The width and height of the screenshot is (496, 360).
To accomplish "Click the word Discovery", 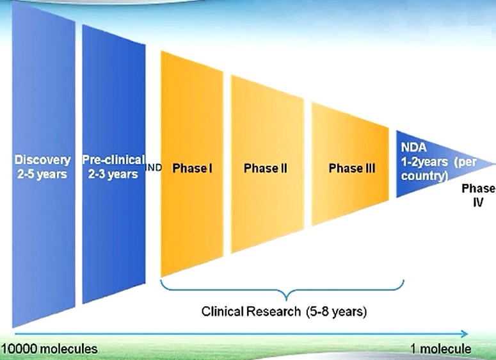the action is pos(42,160).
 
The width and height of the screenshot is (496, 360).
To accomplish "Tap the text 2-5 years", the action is pos(42,174).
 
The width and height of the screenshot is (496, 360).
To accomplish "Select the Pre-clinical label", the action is pos(113,160).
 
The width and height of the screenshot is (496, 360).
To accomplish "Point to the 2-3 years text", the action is pos(113,174).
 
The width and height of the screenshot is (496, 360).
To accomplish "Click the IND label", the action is pos(154,167).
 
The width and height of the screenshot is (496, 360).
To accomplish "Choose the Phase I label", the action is pos(192,168).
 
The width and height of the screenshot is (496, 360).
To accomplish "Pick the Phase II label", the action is pos(266,168).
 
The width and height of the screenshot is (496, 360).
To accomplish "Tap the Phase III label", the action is pos(352,168).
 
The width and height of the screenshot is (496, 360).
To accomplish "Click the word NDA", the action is pos(413,147).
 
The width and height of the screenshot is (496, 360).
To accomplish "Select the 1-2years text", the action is pos(424,162).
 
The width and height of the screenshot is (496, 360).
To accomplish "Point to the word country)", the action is pos(424,176).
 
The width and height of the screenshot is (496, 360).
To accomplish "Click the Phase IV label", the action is pos(479,195).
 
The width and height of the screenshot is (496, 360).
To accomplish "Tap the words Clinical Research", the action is pos(251,311).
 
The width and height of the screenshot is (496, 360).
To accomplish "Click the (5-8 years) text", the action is pos(337,312).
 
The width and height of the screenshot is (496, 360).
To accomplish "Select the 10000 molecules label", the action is pos(49,349).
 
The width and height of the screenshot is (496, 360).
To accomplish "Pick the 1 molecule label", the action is pos(441,349).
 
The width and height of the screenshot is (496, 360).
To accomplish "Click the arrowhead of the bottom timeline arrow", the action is pos(465,334).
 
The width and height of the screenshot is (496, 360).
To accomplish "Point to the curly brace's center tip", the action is pos(286,300).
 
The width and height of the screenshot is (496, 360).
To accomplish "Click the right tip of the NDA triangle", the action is pos(495,164).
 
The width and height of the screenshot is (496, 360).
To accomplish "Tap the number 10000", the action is pos(20,349).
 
